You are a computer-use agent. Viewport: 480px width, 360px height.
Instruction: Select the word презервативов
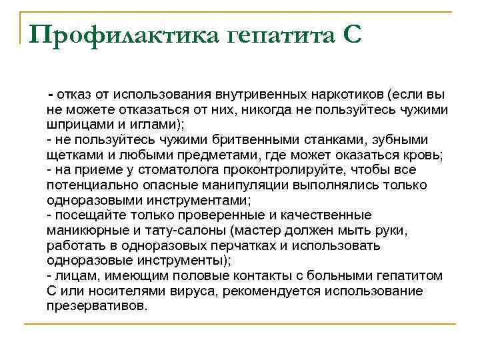coord(96,307)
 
